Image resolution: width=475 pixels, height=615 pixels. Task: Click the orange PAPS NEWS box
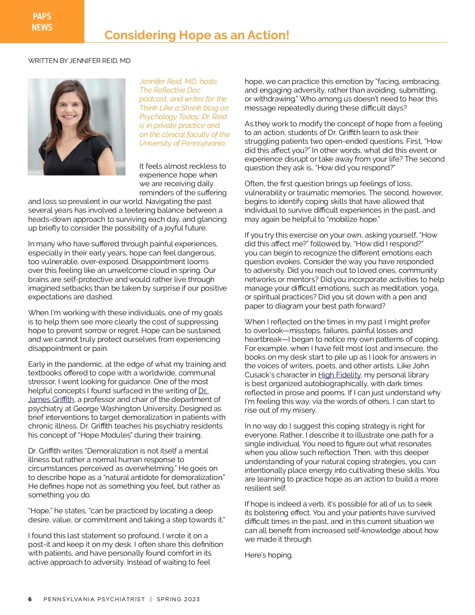click(42, 21)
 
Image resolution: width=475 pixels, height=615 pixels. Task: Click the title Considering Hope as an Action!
click(197, 35)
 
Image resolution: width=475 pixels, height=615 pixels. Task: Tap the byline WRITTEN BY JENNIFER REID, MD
click(79, 61)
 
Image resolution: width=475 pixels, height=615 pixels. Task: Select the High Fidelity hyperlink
click(339, 375)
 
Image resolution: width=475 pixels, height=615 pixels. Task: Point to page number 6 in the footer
click(30, 599)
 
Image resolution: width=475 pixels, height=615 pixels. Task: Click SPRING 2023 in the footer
click(178, 599)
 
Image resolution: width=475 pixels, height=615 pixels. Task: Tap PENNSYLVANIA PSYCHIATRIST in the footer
click(94, 599)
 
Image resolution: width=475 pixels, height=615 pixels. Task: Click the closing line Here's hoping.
click(268, 555)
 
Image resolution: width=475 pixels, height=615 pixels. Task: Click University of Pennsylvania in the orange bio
click(182, 143)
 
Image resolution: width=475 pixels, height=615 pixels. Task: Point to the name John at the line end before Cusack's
click(421, 366)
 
